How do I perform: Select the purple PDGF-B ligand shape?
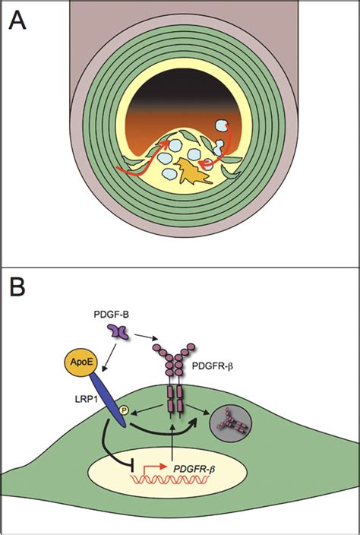(x=118, y=331)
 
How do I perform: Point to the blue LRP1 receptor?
(x=106, y=399)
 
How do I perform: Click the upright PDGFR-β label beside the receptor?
(x=213, y=367)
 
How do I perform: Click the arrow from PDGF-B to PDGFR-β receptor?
(x=147, y=337)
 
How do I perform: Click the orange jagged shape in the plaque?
(x=194, y=172)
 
